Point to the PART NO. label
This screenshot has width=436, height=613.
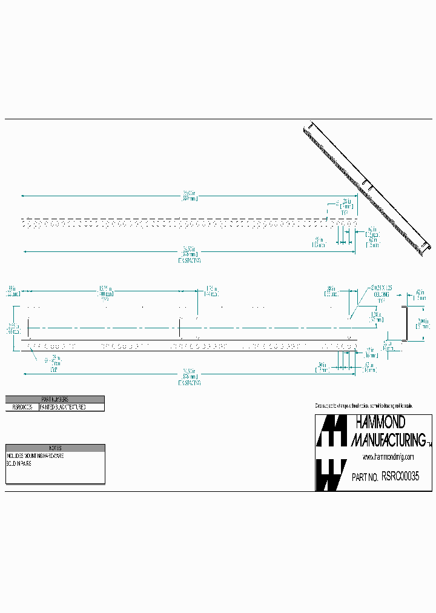(365, 477)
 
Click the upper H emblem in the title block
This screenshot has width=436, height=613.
(331, 431)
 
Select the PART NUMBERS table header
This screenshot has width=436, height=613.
(54, 399)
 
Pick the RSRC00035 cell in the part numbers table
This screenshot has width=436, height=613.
(22, 408)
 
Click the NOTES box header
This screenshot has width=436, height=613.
(55, 448)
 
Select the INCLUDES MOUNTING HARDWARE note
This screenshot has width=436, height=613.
(35, 455)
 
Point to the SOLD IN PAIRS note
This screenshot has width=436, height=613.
(19, 463)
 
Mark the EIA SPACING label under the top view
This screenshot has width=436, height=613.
(190, 260)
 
